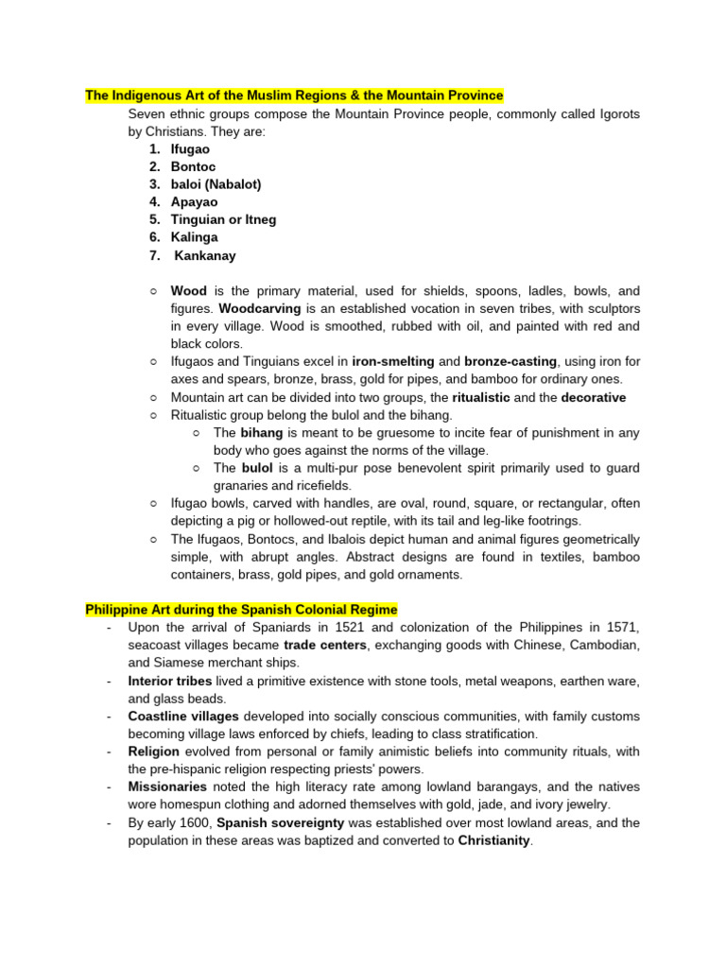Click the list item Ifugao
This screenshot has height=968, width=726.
[x=190, y=149]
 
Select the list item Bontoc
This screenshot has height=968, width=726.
[x=193, y=167]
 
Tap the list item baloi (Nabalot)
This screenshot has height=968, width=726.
[x=216, y=184]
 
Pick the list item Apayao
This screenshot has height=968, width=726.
[x=194, y=202]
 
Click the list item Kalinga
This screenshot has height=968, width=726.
[x=194, y=237]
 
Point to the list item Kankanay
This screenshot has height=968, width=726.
[x=205, y=255]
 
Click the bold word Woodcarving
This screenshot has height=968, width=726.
[x=260, y=308]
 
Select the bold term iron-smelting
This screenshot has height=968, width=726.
[x=393, y=361]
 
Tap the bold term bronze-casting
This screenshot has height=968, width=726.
[x=510, y=361]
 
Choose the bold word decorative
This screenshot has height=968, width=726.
[x=594, y=397]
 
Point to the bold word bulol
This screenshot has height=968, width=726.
[x=256, y=468]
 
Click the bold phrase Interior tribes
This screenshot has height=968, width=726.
[x=170, y=681]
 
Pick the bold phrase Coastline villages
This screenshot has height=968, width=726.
[x=183, y=717]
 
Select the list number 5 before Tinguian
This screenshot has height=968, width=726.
[x=153, y=220]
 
